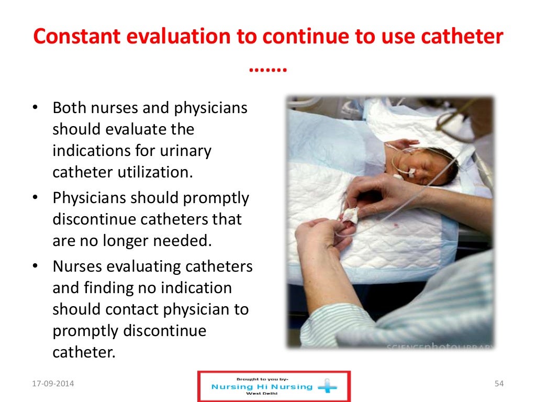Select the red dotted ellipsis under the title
coord(267,68)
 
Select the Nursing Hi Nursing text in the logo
coord(262,387)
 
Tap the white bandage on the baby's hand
coord(349,215)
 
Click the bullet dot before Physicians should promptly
coord(35,198)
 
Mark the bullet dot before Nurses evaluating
coord(35,266)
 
